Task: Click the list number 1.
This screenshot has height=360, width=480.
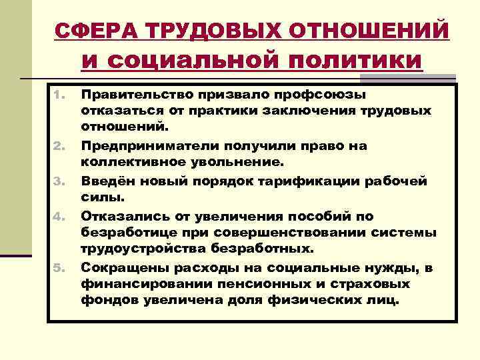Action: pyautogui.click(x=57, y=95)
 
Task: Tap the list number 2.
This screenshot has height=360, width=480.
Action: pyautogui.click(x=57, y=146)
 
